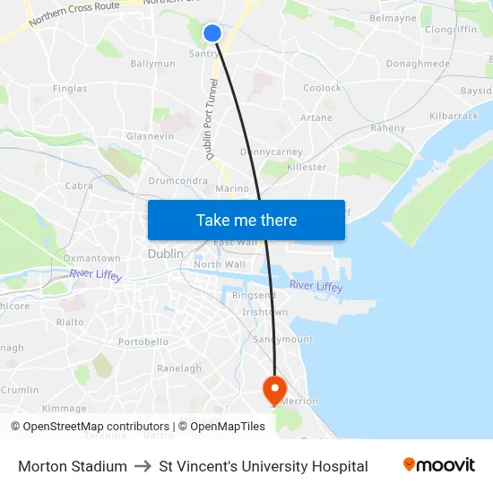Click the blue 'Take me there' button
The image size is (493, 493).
click(246, 220)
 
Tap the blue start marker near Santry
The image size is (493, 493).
click(212, 33)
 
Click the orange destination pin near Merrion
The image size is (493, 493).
click(273, 389)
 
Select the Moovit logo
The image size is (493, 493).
click(439, 465)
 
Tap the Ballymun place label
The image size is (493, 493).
click(152, 64)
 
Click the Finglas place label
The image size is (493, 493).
click(70, 89)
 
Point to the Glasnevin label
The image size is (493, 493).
click(151, 135)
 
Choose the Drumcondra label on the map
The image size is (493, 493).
click(178, 181)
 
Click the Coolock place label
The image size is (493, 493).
click(322, 88)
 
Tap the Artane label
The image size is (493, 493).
click(316, 117)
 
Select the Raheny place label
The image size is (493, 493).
click(388, 128)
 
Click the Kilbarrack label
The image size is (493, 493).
click(454, 117)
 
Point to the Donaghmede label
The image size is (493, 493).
click(418, 64)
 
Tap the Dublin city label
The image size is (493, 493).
click(165, 255)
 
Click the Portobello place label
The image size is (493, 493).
click(143, 342)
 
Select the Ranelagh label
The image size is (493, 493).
click(179, 368)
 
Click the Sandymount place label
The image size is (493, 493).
click(282, 340)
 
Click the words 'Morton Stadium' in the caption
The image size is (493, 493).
click(73, 466)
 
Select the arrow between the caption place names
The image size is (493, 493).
click(143, 466)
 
